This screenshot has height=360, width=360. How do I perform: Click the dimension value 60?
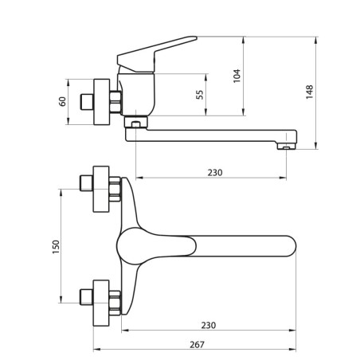62,102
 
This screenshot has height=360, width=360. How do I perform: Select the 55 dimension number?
200,95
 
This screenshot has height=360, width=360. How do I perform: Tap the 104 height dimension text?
237,76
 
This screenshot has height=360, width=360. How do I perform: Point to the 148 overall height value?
310,92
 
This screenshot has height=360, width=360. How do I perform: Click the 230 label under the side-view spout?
215,173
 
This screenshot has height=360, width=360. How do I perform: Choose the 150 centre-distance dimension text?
57,247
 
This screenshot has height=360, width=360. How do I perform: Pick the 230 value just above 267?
209,325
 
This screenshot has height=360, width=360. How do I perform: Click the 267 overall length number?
197,345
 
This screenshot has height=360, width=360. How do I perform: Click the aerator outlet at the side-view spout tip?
287,147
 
